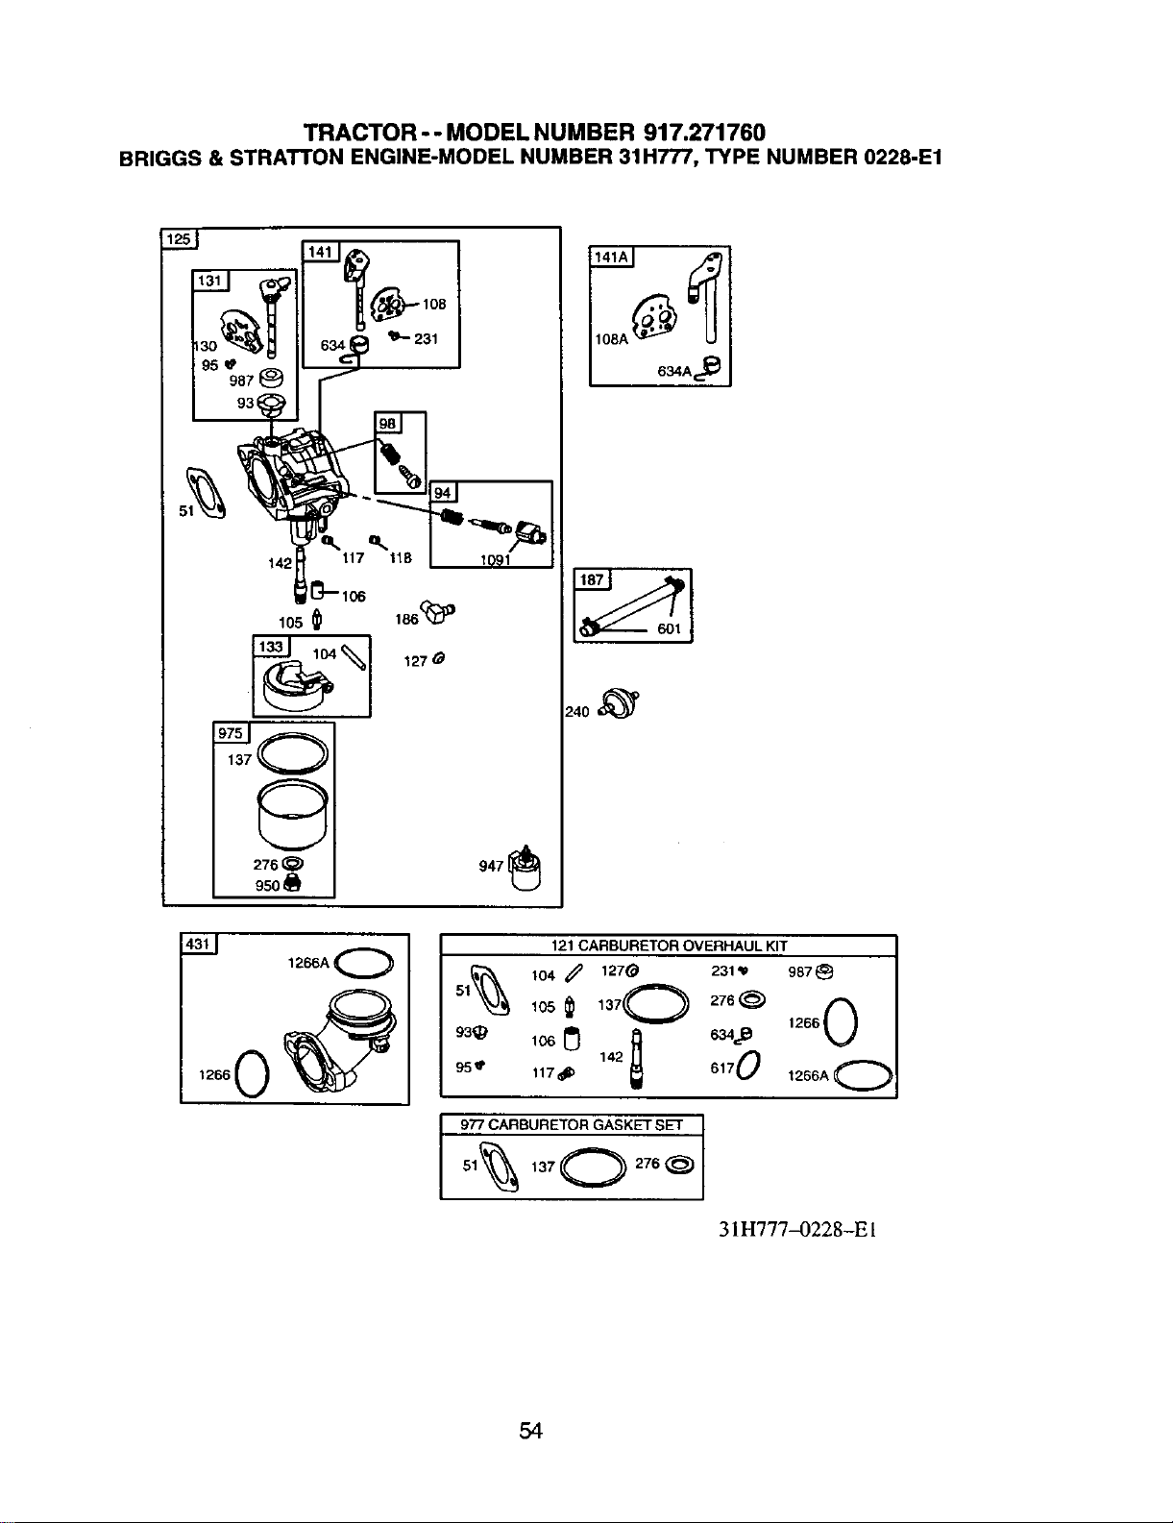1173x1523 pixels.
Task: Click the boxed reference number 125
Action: (x=179, y=239)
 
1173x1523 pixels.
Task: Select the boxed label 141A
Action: (x=611, y=258)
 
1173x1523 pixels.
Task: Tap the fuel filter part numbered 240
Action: (x=619, y=704)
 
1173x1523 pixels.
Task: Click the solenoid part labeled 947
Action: (x=525, y=868)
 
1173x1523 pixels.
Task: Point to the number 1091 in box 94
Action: (x=495, y=560)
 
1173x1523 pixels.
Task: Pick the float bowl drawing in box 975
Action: (x=293, y=815)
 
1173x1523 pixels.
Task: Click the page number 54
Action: (x=530, y=1430)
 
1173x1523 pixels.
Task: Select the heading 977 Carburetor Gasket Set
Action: (x=571, y=1125)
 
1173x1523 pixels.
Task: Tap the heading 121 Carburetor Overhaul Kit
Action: (x=670, y=946)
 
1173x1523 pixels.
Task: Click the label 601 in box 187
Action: (x=670, y=628)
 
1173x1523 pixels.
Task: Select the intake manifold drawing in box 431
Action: (x=335, y=1038)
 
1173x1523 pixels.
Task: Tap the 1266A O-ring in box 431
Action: (x=364, y=963)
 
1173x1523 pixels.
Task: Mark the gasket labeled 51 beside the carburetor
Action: (x=206, y=493)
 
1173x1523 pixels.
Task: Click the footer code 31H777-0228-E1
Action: (x=797, y=1229)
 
